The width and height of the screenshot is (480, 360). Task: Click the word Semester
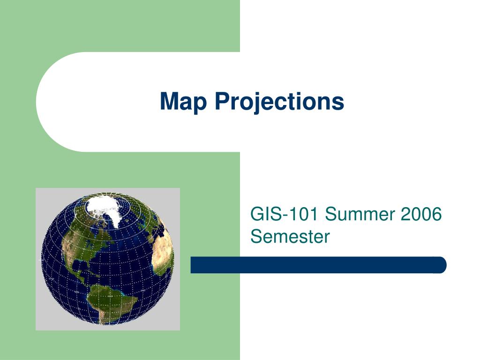[290, 236]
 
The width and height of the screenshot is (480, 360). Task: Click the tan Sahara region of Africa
[162, 244]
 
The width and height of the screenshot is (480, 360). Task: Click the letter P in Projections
[221, 102]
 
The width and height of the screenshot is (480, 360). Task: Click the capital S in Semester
[256, 236]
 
